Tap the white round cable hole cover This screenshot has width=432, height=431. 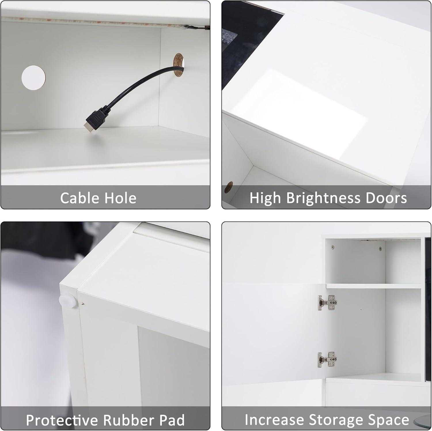click(33, 77)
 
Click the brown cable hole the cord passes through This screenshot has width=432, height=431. click(179, 65)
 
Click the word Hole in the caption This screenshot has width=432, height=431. click(120, 198)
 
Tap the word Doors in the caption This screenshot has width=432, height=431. click(386, 198)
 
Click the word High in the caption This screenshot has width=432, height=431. click(265, 198)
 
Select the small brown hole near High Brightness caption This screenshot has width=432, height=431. click(229, 188)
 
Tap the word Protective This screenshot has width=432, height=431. click(62, 420)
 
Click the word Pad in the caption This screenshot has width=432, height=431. click(172, 420)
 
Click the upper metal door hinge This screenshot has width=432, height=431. click(327, 303)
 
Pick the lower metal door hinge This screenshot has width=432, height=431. click(327, 359)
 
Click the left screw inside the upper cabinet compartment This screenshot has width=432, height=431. click(333, 247)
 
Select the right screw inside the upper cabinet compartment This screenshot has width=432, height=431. click(380, 248)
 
